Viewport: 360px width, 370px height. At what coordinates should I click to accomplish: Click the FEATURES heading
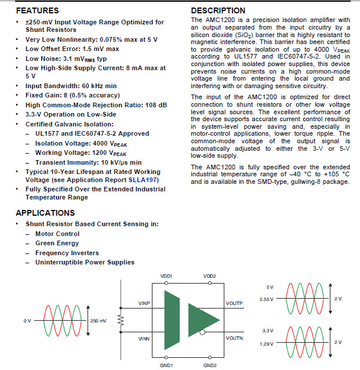[x=38, y=10]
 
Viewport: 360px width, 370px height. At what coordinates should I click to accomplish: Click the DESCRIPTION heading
[x=218, y=10]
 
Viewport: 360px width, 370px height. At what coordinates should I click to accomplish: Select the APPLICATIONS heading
[x=45, y=213]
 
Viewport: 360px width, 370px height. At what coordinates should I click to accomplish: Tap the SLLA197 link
[x=142, y=180]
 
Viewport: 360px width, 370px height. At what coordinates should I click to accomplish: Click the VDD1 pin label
[x=166, y=276]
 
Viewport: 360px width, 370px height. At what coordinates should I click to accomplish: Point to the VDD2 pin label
[x=209, y=276]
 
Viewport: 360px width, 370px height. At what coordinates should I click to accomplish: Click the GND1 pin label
[x=166, y=366]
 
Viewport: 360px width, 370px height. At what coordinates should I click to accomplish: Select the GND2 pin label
[x=209, y=366]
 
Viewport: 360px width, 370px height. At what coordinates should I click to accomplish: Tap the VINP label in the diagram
[x=145, y=303]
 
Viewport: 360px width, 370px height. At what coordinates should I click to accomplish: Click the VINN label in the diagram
[x=145, y=338]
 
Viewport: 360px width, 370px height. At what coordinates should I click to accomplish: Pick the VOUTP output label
[x=234, y=303]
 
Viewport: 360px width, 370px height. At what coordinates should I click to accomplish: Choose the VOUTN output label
[x=234, y=338]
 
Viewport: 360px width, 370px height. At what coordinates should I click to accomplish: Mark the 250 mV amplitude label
[x=99, y=321]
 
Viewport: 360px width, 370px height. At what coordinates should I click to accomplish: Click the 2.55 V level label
[x=266, y=300]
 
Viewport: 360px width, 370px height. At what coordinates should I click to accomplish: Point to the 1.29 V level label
[x=266, y=343]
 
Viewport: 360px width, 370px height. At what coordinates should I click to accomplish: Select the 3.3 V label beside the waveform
[x=267, y=331]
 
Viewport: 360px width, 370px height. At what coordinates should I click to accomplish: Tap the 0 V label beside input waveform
[x=27, y=321]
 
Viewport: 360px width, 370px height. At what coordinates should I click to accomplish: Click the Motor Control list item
[x=57, y=234]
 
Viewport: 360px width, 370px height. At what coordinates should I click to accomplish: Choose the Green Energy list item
[x=57, y=243]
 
